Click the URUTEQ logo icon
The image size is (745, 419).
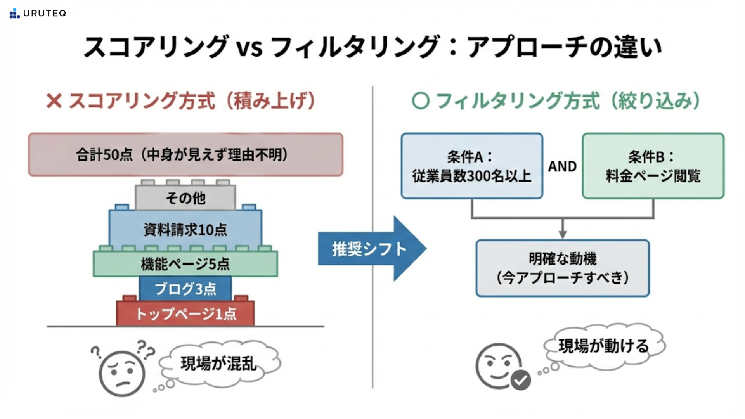click(14, 13)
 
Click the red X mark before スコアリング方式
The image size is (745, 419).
click(54, 101)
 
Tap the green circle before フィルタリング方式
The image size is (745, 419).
click(421, 101)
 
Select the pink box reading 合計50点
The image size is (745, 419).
click(185, 154)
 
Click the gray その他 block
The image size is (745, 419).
click(185, 197)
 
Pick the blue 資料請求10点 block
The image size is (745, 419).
click(185, 229)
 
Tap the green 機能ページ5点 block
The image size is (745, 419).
click(185, 264)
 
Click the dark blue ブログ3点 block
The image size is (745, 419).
click(185, 289)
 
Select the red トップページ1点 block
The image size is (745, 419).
click(185, 313)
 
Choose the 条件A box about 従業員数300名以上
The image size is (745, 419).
click(472, 166)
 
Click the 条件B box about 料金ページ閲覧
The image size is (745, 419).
click(653, 166)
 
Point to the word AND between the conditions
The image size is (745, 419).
click(562, 166)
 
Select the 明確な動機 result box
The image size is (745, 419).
click(563, 268)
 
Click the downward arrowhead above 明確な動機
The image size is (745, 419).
click(563, 234)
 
